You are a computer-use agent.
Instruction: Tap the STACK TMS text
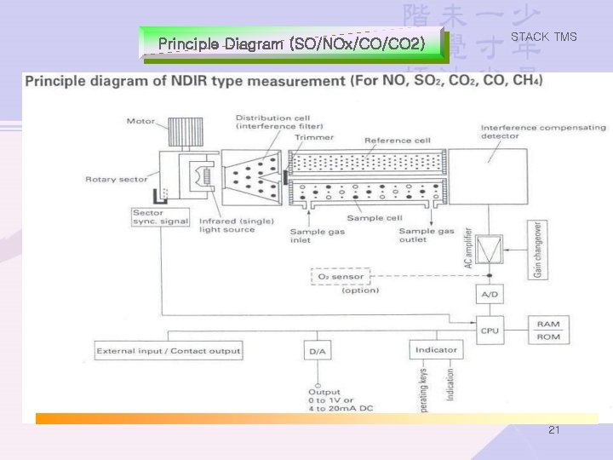[x=543, y=37]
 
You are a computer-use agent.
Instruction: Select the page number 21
[x=554, y=431]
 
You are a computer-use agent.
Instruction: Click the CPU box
[x=490, y=331]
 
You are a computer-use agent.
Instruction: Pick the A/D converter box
[x=490, y=296]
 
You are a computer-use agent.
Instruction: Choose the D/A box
[x=317, y=350]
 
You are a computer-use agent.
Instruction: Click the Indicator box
[x=436, y=349]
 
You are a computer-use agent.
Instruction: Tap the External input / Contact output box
[x=169, y=350]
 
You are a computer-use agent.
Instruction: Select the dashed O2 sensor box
[x=341, y=276]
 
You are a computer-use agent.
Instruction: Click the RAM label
[x=547, y=323]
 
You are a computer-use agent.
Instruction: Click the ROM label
[x=547, y=337]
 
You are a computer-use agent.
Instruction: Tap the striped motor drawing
[x=184, y=130]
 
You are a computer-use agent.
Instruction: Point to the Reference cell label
[x=398, y=141]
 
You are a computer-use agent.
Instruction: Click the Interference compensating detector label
[x=543, y=131]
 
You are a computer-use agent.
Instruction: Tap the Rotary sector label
[x=106, y=180]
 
